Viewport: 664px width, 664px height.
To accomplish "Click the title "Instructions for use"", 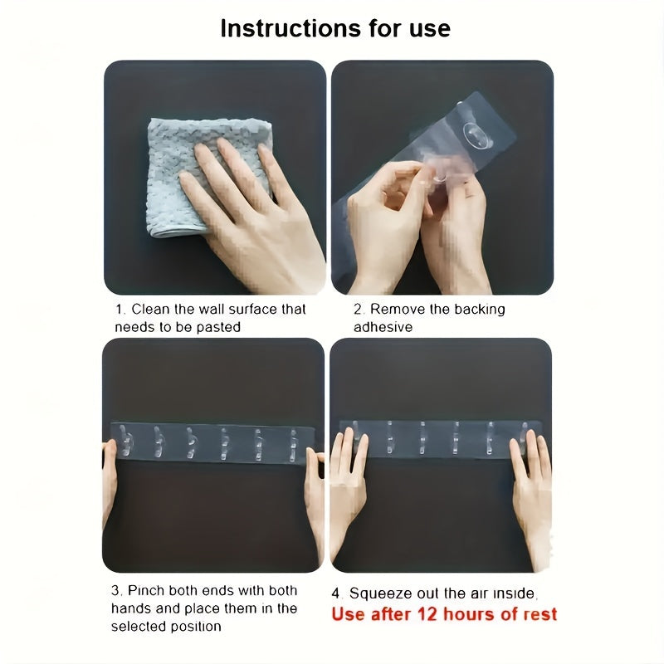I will pos(335,28).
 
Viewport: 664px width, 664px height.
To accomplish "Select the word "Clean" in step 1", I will pos(150,310).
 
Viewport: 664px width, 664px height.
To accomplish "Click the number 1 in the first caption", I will pos(120,310).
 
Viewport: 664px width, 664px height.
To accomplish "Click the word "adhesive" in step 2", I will pos(383,327).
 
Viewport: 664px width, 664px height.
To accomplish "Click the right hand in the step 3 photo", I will pos(315,498).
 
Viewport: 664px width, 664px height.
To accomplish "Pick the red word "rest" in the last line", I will pos(537,614).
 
